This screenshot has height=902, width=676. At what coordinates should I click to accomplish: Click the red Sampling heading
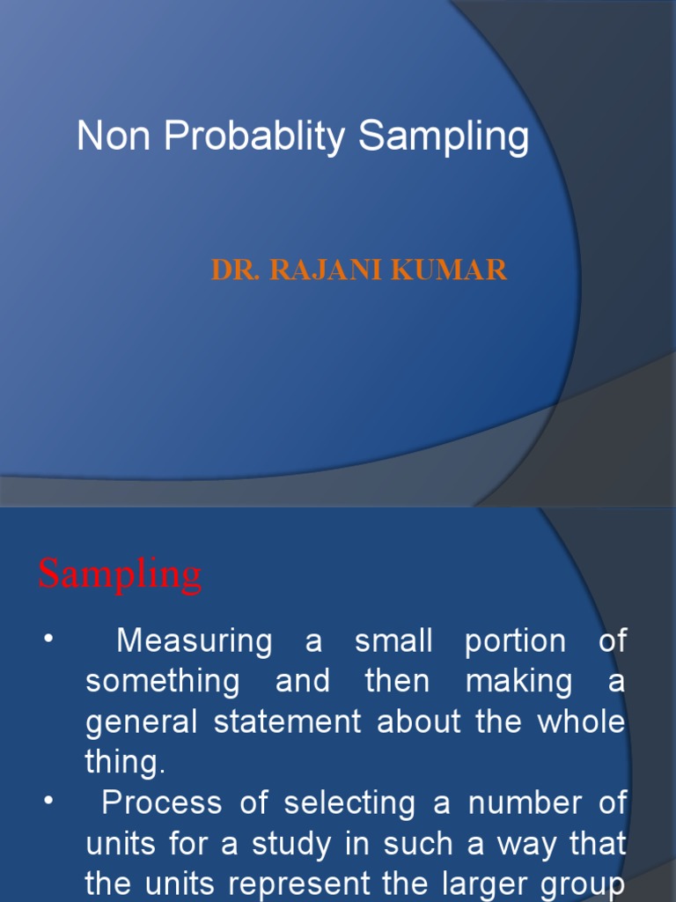(x=120, y=576)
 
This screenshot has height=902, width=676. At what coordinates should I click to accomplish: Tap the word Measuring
(x=195, y=642)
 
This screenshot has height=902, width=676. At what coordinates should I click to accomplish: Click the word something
(x=162, y=682)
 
